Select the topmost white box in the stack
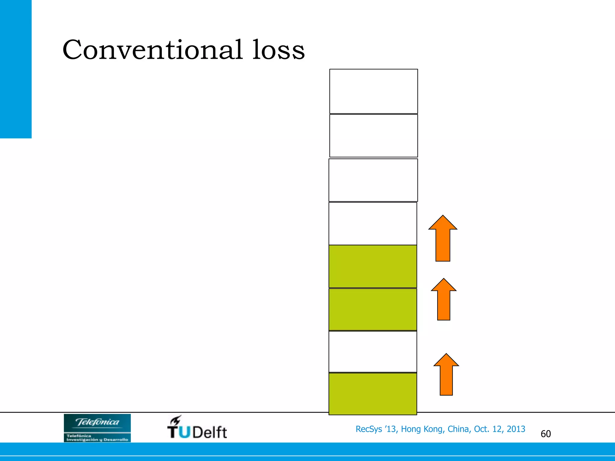click(x=373, y=91)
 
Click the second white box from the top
click(x=373, y=136)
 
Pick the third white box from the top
click(x=373, y=180)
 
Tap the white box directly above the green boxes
click(x=373, y=224)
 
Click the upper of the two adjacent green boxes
click(x=373, y=267)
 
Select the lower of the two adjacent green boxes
click(x=373, y=309)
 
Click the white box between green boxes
click(x=373, y=352)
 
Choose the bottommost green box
click(x=373, y=394)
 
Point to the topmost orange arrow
click(x=443, y=239)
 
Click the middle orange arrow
click(x=444, y=300)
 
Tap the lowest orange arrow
click(x=446, y=375)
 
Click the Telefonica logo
click(x=97, y=428)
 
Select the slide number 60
click(x=546, y=434)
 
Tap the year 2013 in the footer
click(x=516, y=429)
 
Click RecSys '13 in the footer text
click(x=376, y=429)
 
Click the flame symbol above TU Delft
click(x=176, y=420)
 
